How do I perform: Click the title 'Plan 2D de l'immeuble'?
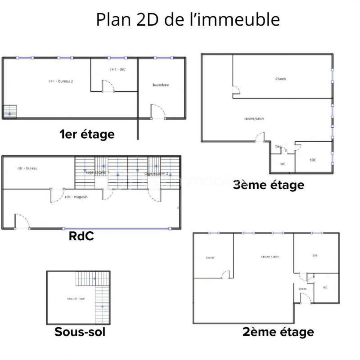tap(188, 20)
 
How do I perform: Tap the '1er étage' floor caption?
tap(87, 134)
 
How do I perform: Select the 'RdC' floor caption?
tap(81, 236)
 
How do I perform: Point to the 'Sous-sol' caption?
tap(80, 332)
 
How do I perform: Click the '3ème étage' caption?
tap(269, 184)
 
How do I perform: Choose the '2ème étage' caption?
tap(278, 332)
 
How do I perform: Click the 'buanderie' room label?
tap(161, 85)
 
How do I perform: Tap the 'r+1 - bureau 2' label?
tap(61, 81)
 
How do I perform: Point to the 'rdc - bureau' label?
tap(27, 168)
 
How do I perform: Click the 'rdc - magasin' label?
tap(76, 197)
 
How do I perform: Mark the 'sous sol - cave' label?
tap(75, 298)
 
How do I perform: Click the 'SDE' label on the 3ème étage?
tap(313, 160)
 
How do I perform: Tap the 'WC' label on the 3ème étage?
tap(283, 164)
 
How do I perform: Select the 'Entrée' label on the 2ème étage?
tap(302, 288)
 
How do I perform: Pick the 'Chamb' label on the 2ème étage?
tap(210, 258)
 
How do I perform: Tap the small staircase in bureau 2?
tap(9, 111)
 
